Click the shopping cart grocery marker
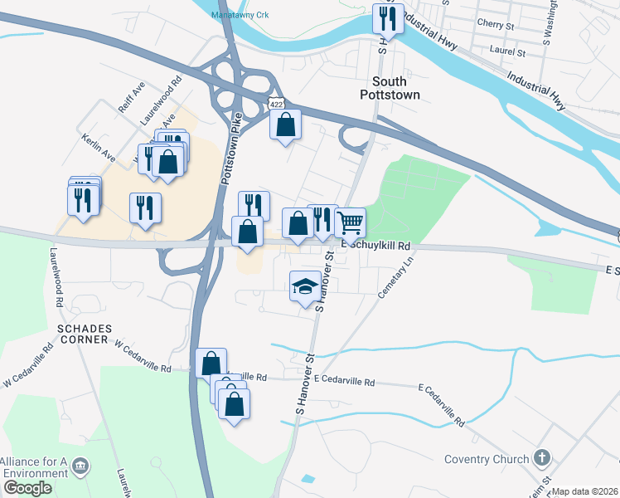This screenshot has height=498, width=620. (x=351, y=222)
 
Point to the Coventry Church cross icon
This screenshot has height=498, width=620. (x=541, y=458)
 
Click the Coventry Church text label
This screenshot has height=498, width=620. (x=487, y=459)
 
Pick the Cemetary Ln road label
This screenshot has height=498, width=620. (x=397, y=281)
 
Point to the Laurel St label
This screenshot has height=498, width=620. (x=509, y=51)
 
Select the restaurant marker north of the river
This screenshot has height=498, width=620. (x=387, y=17)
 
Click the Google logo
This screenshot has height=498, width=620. (x=27, y=487)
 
